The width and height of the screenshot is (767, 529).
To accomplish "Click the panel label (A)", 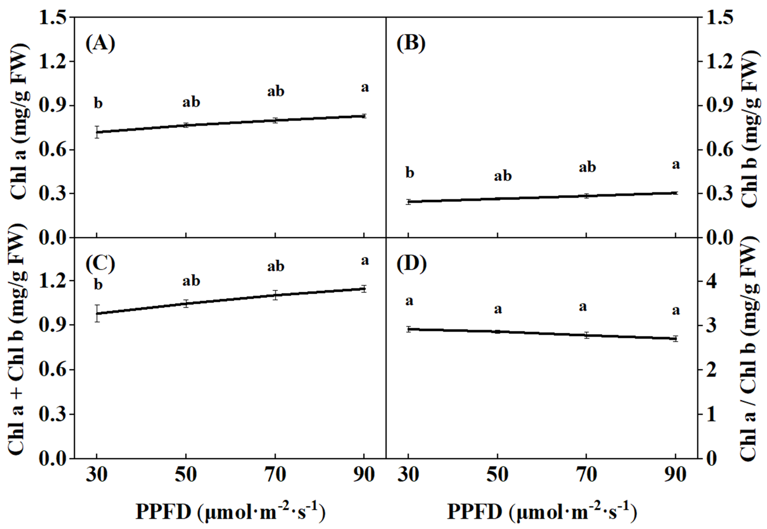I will click(100, 44).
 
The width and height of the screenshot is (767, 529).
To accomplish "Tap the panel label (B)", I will click(411, 44).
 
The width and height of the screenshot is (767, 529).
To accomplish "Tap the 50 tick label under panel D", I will click(497, 475).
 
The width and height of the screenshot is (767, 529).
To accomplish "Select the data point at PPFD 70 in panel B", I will click(586, 195).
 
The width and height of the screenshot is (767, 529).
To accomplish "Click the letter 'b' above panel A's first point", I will click(98, 103).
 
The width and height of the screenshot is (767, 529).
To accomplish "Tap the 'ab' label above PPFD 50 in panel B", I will click(503, 176).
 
